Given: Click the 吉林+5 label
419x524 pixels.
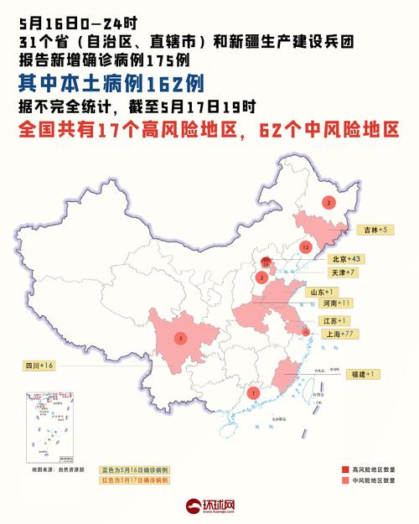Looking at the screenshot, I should (370, 229).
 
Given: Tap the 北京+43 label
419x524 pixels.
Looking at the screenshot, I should (344, 259).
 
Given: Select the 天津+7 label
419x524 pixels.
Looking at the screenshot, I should (344, 273).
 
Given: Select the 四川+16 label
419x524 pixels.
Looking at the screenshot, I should (39, 366).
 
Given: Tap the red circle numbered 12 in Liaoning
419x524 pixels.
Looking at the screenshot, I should (307, 247).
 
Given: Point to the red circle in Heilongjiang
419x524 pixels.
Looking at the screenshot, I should (329, 203).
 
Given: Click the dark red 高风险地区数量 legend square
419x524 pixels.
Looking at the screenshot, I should (344, 470).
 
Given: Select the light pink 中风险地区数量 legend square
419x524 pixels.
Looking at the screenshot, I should (344, 481).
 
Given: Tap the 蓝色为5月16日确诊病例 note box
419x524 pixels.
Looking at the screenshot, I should (135, 470).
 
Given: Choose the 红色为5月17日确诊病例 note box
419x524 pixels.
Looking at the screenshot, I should (135, 481).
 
